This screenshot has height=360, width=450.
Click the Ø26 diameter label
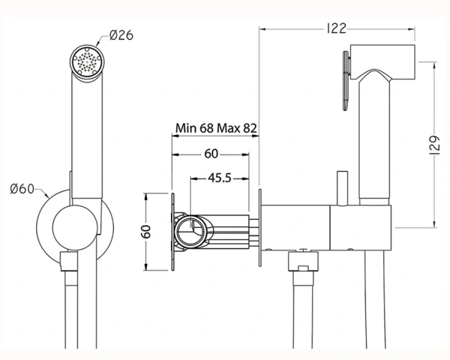coord(121,35)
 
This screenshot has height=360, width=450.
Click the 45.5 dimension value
coord(220,178)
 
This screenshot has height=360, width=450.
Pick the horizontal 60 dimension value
coord(211,154)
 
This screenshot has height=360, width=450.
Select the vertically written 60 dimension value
coord(146,232)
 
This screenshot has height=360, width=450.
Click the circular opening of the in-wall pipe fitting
coord(191,231)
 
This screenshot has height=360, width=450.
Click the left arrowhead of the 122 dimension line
coord(262,27)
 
